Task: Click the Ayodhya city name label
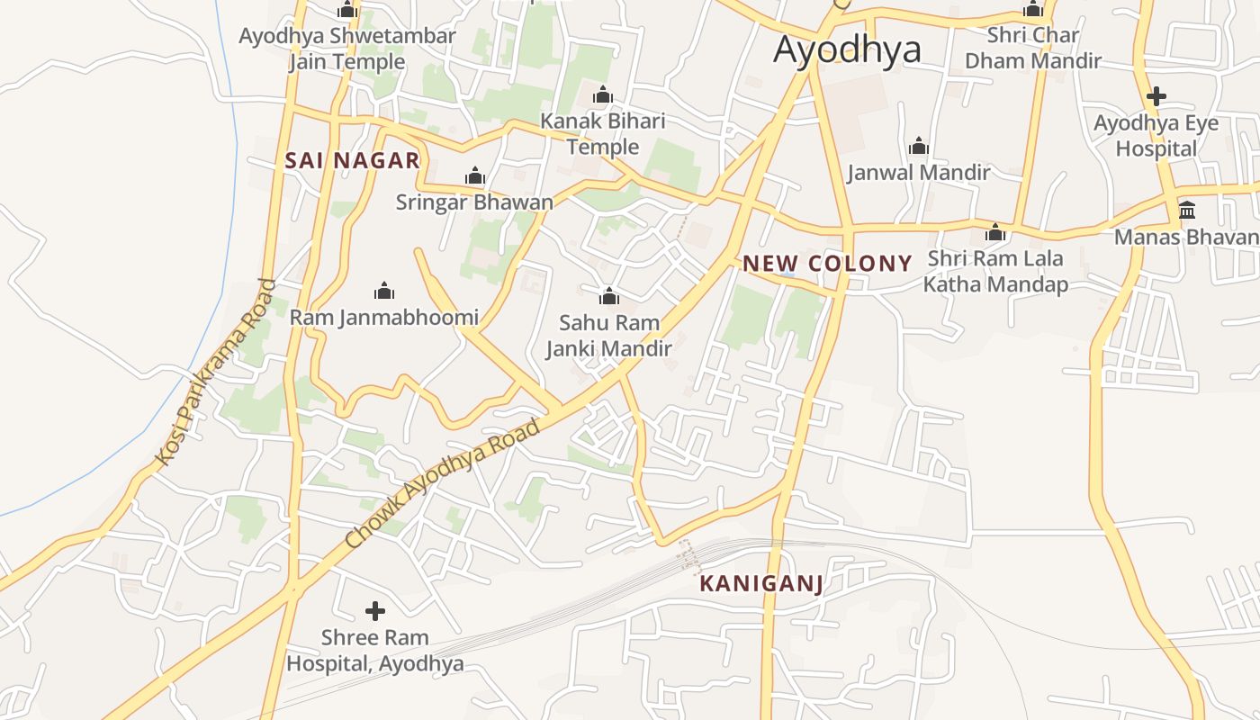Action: pyautogui.click(x=847, y=49)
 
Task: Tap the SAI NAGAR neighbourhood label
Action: pyautogui.click(x=352, y=161)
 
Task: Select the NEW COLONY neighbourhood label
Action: pyautogui.click(x=827, y=264)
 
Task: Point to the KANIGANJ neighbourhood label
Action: pyautogui.click(x=761, y=584)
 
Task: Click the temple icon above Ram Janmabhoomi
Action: pyautogui.click(x=384, y=291)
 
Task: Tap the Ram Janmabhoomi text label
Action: pyautogui.click(x=384, y=318)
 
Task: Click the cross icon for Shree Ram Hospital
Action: pyautogui.click(x=375, y=612)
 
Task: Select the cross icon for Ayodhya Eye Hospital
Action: pyautogui.click(x=1156, y=96)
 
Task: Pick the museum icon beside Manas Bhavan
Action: pyautogui.click(x=1187, y=211)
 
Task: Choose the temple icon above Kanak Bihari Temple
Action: pyautogui.click(x=603, y=95)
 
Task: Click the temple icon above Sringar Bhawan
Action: pyautogui.click(x=474, y=176)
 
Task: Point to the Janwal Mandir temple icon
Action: pyautogui.click(x=919, y=146)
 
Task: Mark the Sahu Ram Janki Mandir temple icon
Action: pyautogui.click(x=609, y=296)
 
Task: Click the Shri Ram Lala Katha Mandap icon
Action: pyautogui.click(x=995, y=232)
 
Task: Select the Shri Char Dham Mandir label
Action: pyautogui.click(x=1032, y=49)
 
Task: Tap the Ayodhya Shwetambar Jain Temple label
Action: pyautogui.click(x=347, y=49)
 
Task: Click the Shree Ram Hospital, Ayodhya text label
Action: pyautogui.click(x=375, y=651)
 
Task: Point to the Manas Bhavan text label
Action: pyautogui.click(x=1186, y=237)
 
